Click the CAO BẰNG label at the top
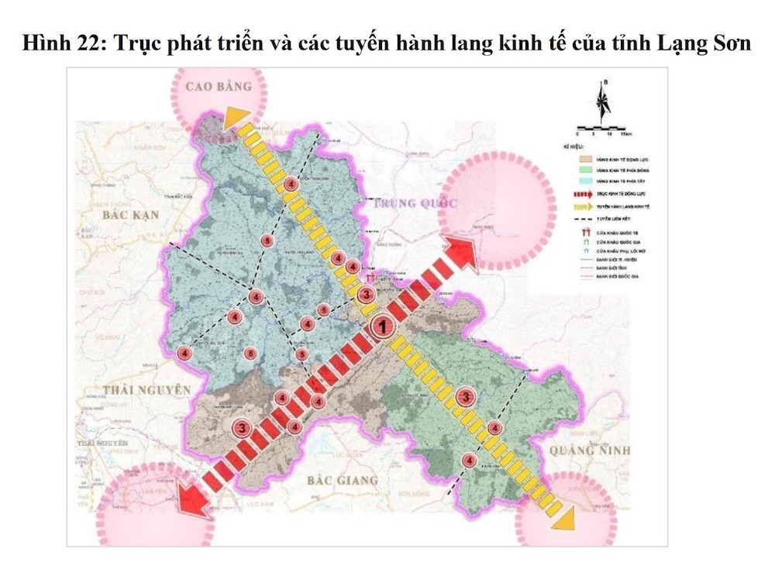point(219,87)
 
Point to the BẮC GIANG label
point(342,480)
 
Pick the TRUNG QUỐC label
point(415,204)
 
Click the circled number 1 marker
point(381,327)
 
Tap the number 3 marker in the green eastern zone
point(465,397)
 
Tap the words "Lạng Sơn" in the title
point(712,42)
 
